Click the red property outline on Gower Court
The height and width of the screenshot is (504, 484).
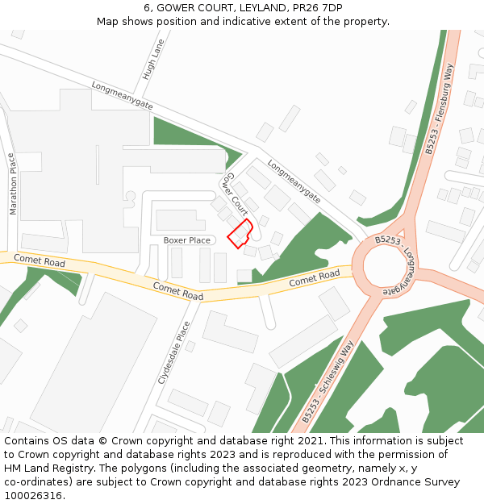[240, 233]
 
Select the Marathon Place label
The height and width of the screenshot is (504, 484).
[12, 184]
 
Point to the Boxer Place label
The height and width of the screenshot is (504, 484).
[186, 240]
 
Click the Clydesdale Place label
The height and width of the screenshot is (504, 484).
[174, 352]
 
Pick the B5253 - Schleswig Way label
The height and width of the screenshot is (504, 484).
[328, 383]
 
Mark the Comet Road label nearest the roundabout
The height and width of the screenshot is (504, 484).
[315, 278]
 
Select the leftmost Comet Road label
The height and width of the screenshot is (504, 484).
[39, 262]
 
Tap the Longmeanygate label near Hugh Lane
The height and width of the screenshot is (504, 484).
[122, 94]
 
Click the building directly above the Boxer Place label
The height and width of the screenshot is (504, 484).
[181, 219]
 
